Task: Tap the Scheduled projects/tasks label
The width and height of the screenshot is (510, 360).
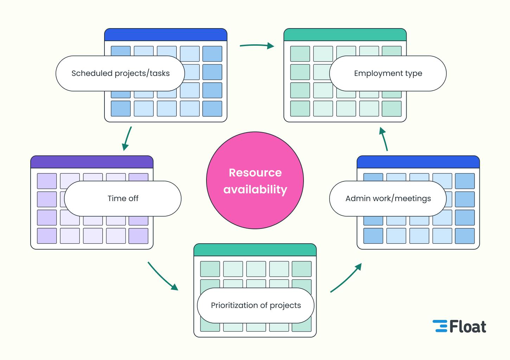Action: point(120,73)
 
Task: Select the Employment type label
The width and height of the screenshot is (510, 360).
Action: point(388,73)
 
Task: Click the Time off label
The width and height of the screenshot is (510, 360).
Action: point(123,199)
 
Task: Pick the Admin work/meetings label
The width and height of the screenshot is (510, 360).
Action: point(388,199)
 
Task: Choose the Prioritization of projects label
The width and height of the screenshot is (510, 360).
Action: point(256,306)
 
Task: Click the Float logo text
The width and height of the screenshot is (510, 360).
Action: point(468,327)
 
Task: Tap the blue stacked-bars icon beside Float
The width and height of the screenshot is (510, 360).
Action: point(440,326)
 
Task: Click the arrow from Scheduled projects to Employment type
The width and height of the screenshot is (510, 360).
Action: point(257,45)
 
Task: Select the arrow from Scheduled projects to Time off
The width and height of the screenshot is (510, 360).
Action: point(127,139)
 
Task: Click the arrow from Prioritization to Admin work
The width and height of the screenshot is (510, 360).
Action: point(346,278)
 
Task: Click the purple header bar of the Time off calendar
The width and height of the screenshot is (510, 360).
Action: point(92,162)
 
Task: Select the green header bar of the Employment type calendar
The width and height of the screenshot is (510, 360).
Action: point(345,35)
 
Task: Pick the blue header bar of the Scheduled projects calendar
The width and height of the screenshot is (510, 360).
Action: point(166,35)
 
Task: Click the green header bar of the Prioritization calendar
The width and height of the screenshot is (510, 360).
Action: point(255,250)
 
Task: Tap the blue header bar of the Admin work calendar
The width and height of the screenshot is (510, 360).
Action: point(418,162)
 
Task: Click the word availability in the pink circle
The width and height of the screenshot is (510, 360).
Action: point(255,189)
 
